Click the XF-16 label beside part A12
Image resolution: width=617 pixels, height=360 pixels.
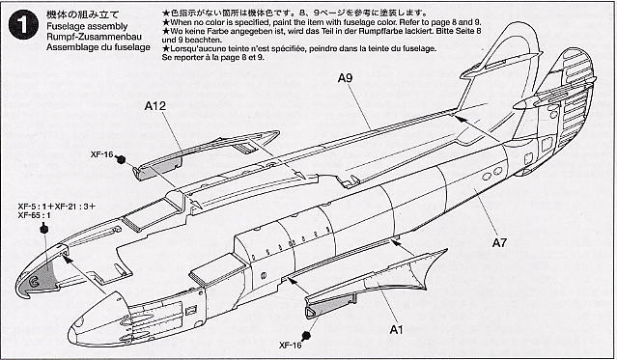pos(102,153)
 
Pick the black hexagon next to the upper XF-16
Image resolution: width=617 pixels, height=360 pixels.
pos(122,160)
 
